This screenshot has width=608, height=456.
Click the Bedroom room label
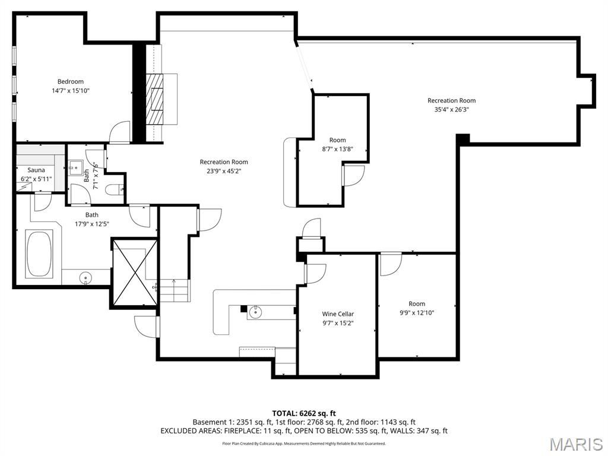(x=70, y=81)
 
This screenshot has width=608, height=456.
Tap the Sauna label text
(x=36, y=170)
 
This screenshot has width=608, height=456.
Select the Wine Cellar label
(x=338, y=314)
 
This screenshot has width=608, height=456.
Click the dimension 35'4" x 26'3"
(x=452, y=109)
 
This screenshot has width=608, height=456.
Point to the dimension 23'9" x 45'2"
(x=223, y=171)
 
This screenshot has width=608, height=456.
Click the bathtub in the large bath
(x=39, y=254)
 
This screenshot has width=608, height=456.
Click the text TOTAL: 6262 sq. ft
(x=303, y=413)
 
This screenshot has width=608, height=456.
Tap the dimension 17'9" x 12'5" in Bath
(x=91, y=224)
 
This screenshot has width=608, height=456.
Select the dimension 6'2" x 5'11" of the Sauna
(x=36, y=179)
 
